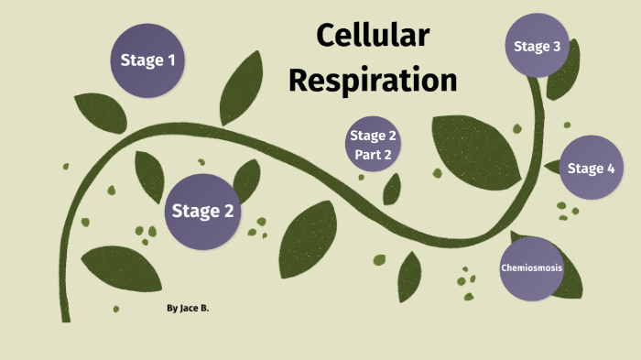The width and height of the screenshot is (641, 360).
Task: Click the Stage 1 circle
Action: click(147, 60)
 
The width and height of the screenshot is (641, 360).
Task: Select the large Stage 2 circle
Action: click(203, 211)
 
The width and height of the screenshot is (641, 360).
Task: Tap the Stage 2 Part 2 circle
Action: click(374, 146)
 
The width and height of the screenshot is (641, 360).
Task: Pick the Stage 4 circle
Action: click(591, 168)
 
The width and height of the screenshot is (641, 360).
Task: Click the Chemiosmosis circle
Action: click(531, 268)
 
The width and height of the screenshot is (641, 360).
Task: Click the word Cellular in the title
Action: click(373, 36)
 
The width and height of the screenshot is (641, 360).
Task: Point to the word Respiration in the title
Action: click(373, 80)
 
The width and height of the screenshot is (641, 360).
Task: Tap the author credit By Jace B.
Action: click(188, 310)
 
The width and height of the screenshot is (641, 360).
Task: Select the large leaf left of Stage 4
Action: click(476, 147)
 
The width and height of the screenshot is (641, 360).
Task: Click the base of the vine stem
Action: click(65, 311)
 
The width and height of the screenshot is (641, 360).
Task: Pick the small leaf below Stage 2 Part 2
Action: click(392, 189)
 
